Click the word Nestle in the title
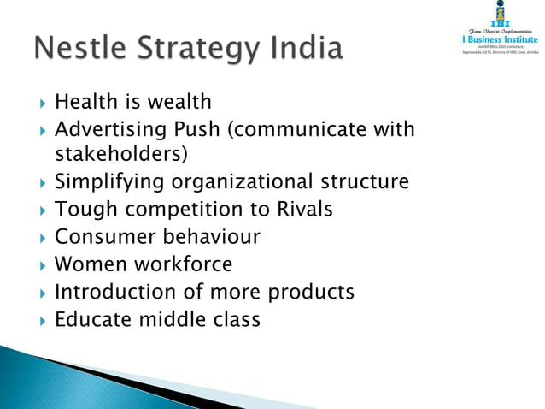[x=76, y=48]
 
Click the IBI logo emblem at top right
[x=496, y=13]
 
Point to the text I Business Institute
[x=496, y=38]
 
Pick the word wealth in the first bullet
[x=178, y=103]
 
